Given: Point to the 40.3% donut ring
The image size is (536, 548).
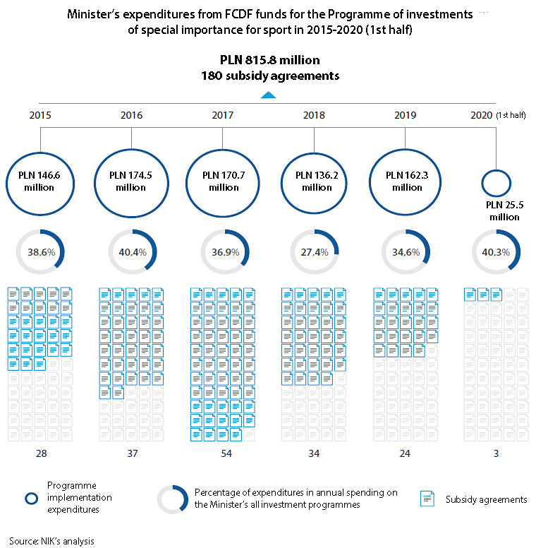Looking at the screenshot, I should coord(497,252).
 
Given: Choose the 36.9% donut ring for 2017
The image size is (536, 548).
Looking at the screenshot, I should coord(224,252).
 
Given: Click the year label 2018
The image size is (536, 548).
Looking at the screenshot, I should coord(313,114).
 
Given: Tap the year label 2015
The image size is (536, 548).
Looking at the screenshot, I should coord(40,114).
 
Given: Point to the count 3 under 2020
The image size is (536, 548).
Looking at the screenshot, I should coord(496,453).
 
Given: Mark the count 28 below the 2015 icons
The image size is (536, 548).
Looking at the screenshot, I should coord(40,453).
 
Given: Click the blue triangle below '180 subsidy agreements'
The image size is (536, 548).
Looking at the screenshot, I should coord(268,95).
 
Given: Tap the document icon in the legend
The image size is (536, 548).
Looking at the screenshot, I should coord(427,499).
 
